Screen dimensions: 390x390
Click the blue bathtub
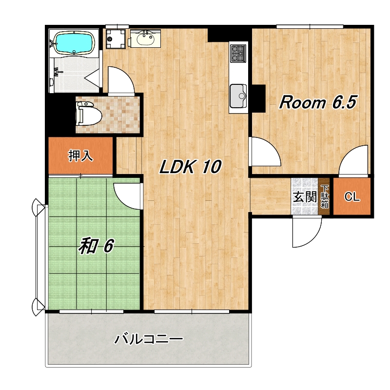tap(74, 43)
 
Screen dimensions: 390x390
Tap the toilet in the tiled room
tap(89, 114)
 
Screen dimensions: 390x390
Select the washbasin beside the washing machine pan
tap(145, 39)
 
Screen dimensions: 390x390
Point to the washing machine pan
tap(116, 39)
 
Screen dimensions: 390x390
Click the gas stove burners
tap(238, 54)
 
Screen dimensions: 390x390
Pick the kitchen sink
tap(238, 96)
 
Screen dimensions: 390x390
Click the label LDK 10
tap(190, 166)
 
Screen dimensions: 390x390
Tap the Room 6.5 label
tap(318, 102)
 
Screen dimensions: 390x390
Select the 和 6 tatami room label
tap(96, 246)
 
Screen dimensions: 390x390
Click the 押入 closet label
tap(80, 156)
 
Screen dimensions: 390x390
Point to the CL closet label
tap(352, 197)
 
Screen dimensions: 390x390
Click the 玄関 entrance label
tap(305, 197)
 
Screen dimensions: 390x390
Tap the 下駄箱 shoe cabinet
tap(324, 196)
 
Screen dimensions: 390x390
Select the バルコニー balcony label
tap(149, 339)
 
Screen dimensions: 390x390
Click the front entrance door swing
tap(307, 232)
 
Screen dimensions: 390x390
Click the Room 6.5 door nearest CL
tap(353, 161)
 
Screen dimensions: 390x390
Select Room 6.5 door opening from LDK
tap(265, 151)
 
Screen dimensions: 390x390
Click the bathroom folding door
tap(93, 78)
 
